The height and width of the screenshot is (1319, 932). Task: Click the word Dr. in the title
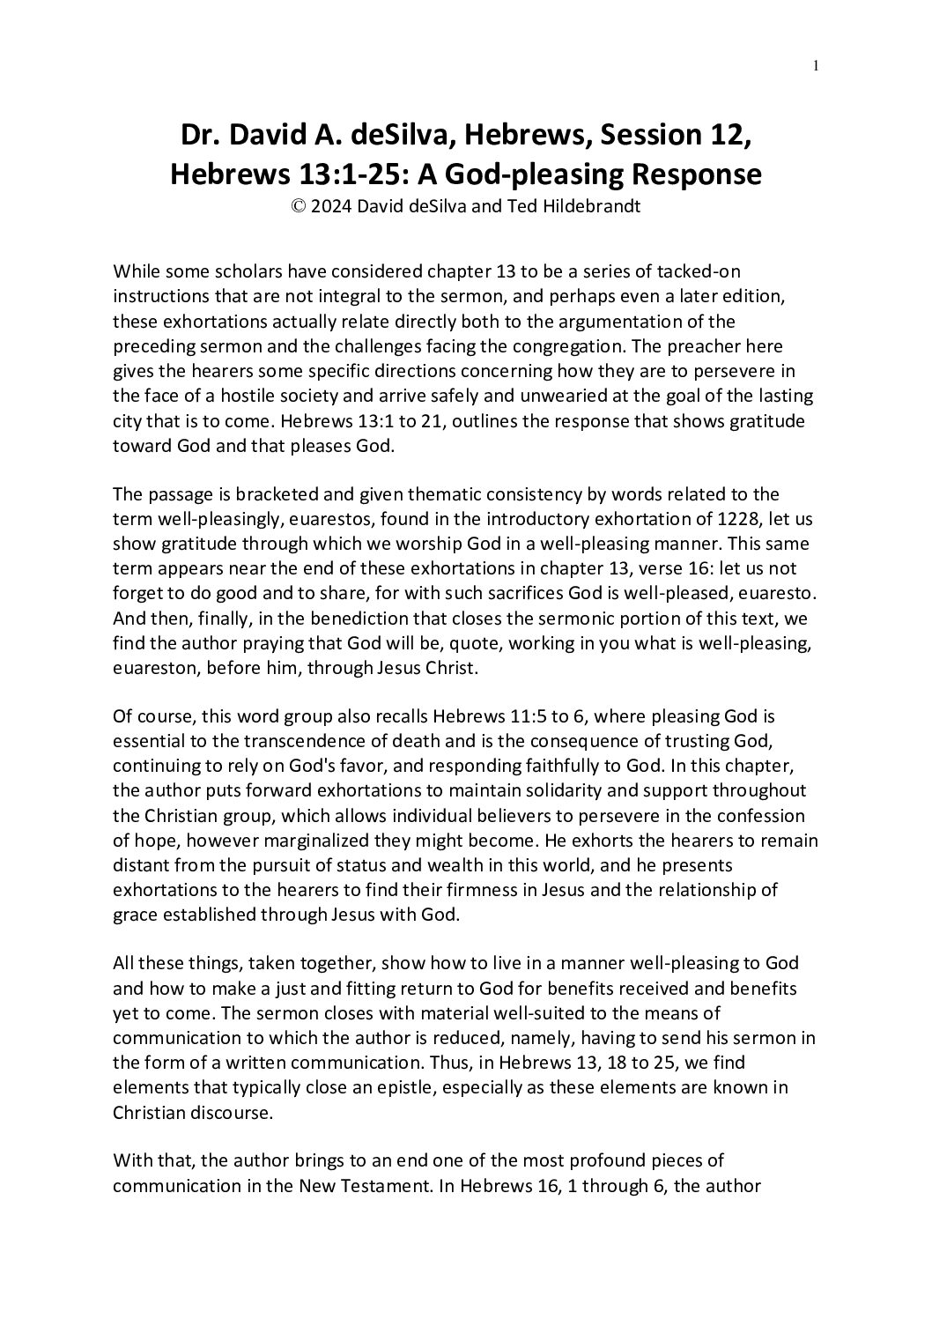pos(200,137)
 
